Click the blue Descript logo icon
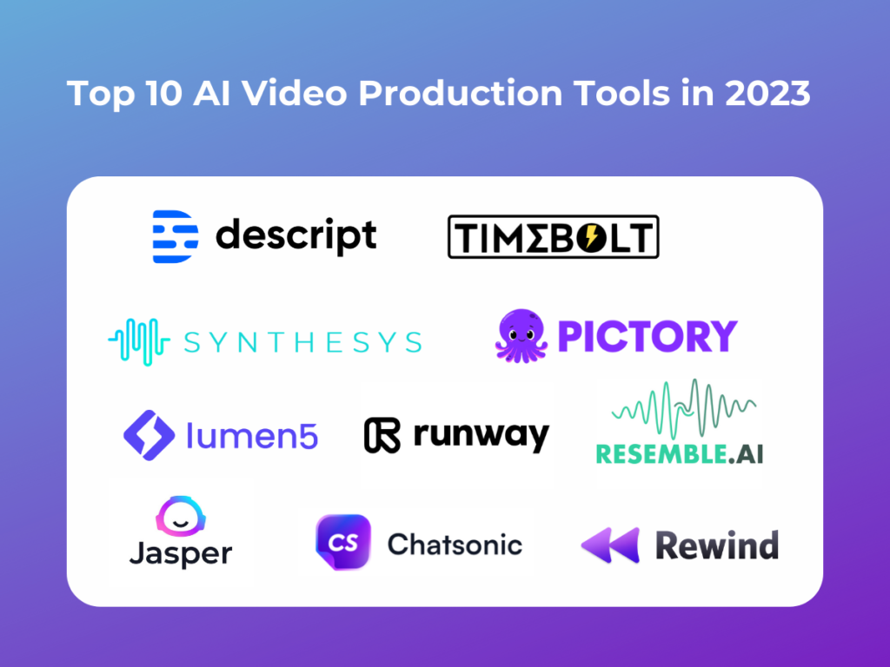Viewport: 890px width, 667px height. point(175,236)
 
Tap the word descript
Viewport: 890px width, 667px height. point(296,235)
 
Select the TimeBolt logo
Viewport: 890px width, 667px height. point(553,237)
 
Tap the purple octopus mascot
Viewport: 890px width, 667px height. point(522,336)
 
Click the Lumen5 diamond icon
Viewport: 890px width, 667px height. point(150,435)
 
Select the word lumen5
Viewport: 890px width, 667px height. point(252,436)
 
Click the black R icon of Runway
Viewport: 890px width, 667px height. point(382,435)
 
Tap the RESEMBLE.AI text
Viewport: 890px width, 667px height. point(679,452)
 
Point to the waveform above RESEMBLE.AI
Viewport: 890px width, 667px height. point(683,408)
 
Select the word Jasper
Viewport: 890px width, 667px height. point(180,553)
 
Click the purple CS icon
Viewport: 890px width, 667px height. point(342,543)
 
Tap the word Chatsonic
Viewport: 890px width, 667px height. point(455,545)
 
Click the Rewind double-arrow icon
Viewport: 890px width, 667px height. point(610,545)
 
